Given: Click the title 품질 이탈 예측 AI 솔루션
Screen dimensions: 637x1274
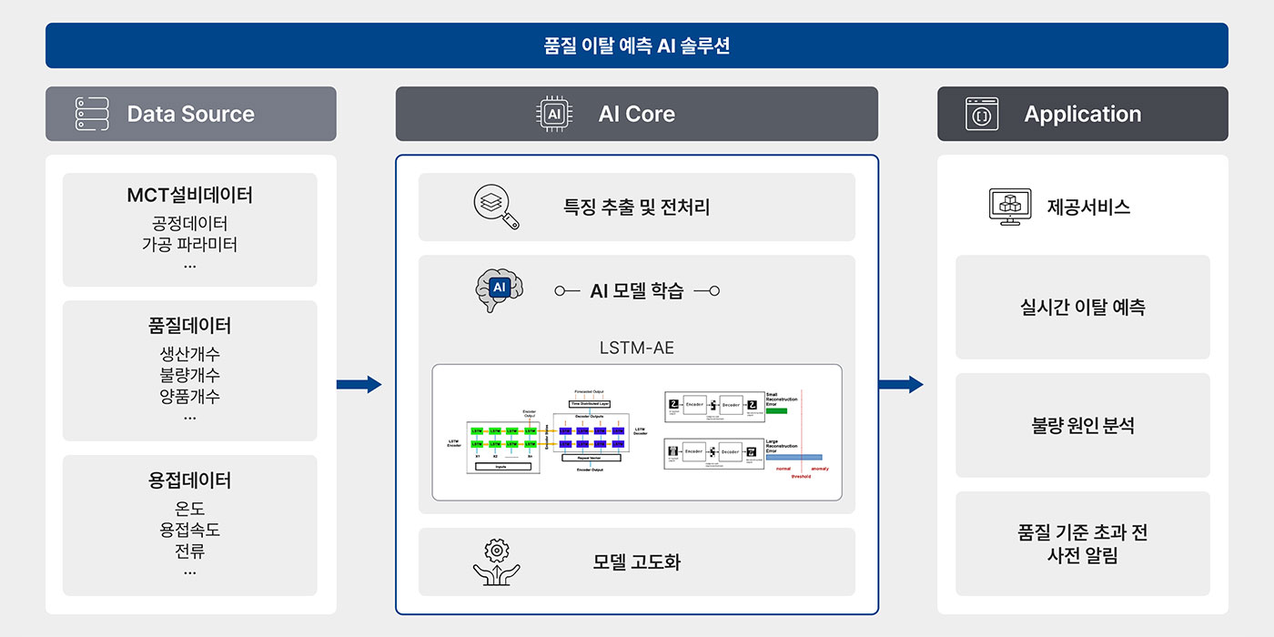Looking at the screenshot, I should (636, 45).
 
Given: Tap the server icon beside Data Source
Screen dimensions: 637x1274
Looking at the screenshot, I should (92, 114).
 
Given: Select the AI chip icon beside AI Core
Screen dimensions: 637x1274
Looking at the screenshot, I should (553, 114).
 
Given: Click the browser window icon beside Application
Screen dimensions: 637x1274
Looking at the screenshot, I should (982, 114).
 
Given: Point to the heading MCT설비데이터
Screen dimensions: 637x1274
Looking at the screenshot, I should (189, 195).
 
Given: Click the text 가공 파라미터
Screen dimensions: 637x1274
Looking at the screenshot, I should (189, 244).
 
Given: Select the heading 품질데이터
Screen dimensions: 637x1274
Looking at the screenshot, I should (189, 325).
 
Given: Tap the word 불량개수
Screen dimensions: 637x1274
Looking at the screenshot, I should (189, 375).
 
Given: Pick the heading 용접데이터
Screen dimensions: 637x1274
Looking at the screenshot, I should (189, 480).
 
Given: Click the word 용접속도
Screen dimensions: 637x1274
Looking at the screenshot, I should (189, 530).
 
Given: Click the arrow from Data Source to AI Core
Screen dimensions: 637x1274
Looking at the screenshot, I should (359, 384).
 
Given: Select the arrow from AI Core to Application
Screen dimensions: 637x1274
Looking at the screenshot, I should (900, 384).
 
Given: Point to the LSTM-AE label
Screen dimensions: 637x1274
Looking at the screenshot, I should (636, 348).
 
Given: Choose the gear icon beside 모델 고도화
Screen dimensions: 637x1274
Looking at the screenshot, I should (497, 561).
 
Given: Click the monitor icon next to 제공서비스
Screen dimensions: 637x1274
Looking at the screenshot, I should (1010, 207).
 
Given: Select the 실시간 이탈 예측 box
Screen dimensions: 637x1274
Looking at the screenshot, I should (1082, 308).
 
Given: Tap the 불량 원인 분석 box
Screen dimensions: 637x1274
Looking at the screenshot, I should (1082, 425).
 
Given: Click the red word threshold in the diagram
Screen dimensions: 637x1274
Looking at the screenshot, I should (800, 476).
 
